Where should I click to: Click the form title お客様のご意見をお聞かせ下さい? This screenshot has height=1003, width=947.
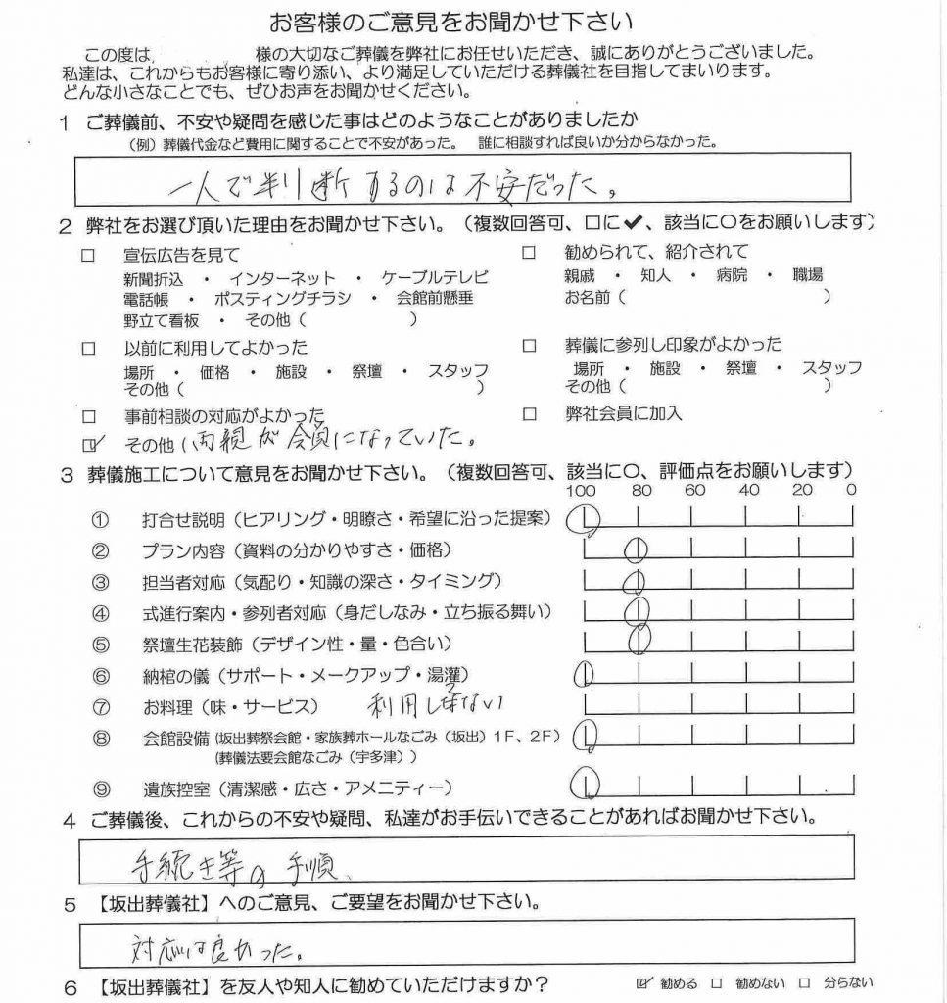450,21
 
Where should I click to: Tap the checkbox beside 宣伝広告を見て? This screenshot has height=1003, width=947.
90,255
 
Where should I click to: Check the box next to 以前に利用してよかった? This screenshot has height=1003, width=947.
90,347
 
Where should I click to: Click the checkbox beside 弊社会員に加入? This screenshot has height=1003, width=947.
530,413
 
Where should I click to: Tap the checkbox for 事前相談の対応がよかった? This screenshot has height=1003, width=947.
90,415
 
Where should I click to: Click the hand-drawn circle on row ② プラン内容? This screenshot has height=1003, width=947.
637,549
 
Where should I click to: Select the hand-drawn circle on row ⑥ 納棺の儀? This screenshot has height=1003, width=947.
584,674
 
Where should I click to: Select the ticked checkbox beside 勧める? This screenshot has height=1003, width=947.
643,982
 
